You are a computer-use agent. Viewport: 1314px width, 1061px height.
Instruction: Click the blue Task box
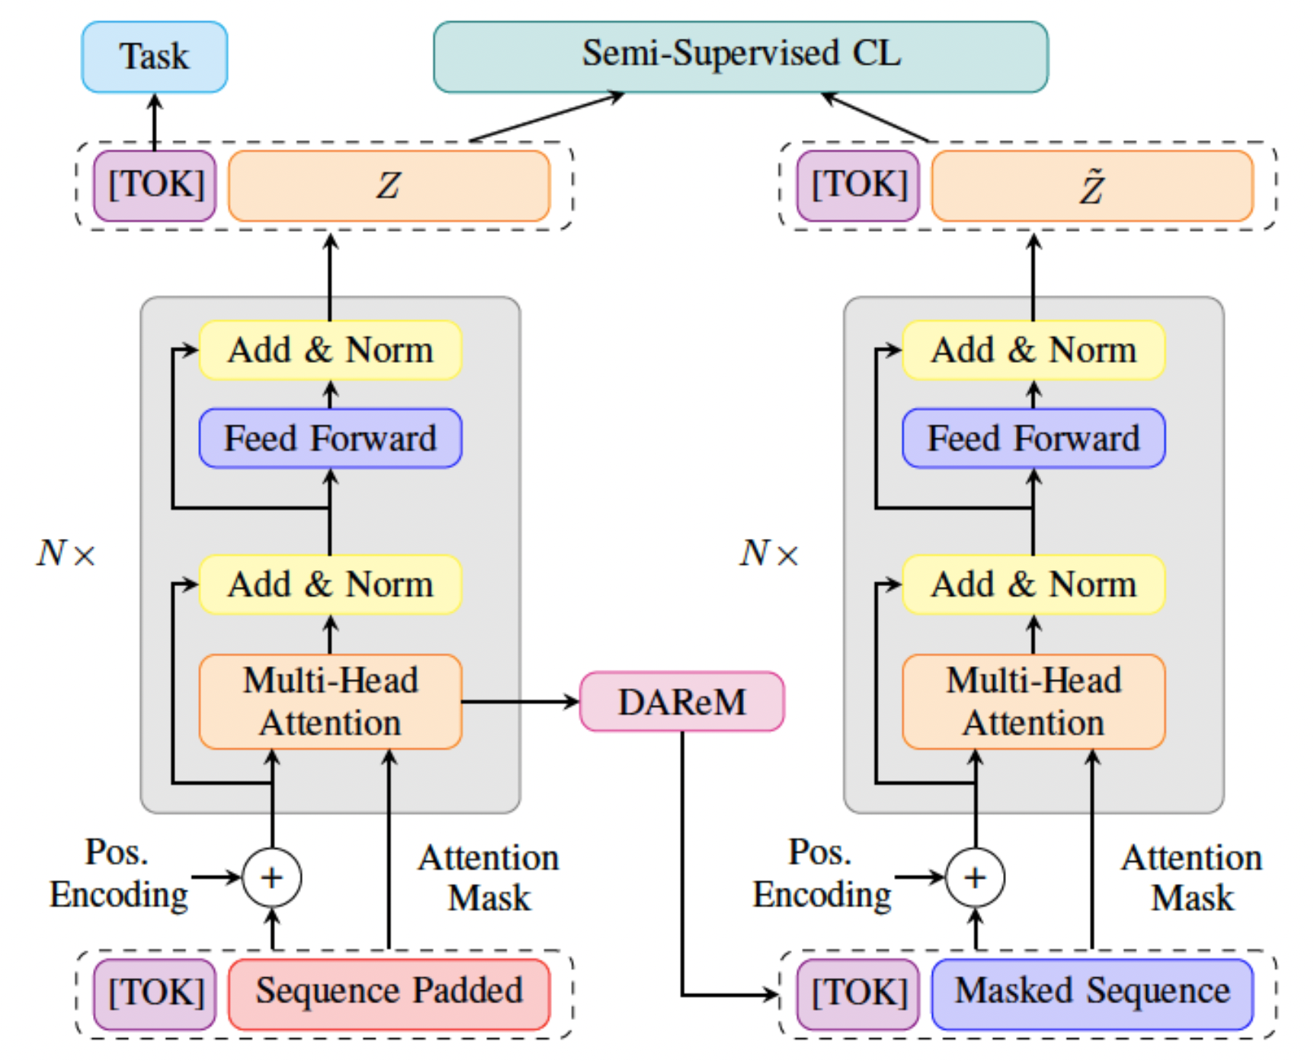tap(154, 57)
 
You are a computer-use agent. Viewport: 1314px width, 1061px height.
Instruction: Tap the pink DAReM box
tap(682, 702)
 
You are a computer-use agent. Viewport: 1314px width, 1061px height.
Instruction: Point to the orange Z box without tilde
tap(389, 186)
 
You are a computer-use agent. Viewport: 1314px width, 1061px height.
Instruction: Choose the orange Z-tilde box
tap(1091, 186)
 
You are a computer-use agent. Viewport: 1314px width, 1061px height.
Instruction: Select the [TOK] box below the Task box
tap(155, 186)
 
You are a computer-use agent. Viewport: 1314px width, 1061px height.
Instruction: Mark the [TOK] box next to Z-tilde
tap(858, 186)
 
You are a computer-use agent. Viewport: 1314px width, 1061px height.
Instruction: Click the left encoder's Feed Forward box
tap(330, 438)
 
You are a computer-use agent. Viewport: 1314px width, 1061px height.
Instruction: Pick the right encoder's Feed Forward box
tap(1034, 438)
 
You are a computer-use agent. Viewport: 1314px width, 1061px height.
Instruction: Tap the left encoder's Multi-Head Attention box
tap(330, 702)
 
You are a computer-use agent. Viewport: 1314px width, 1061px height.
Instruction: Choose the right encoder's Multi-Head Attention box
tap(1034, 702)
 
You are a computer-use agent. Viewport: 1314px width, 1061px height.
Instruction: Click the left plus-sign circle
tap(272, 878)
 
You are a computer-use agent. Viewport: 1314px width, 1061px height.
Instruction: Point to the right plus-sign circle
tap(976, 878)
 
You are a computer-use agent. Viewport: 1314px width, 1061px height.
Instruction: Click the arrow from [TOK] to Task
tap(155, 122)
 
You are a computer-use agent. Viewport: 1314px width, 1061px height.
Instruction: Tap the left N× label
tap(66, 553)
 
